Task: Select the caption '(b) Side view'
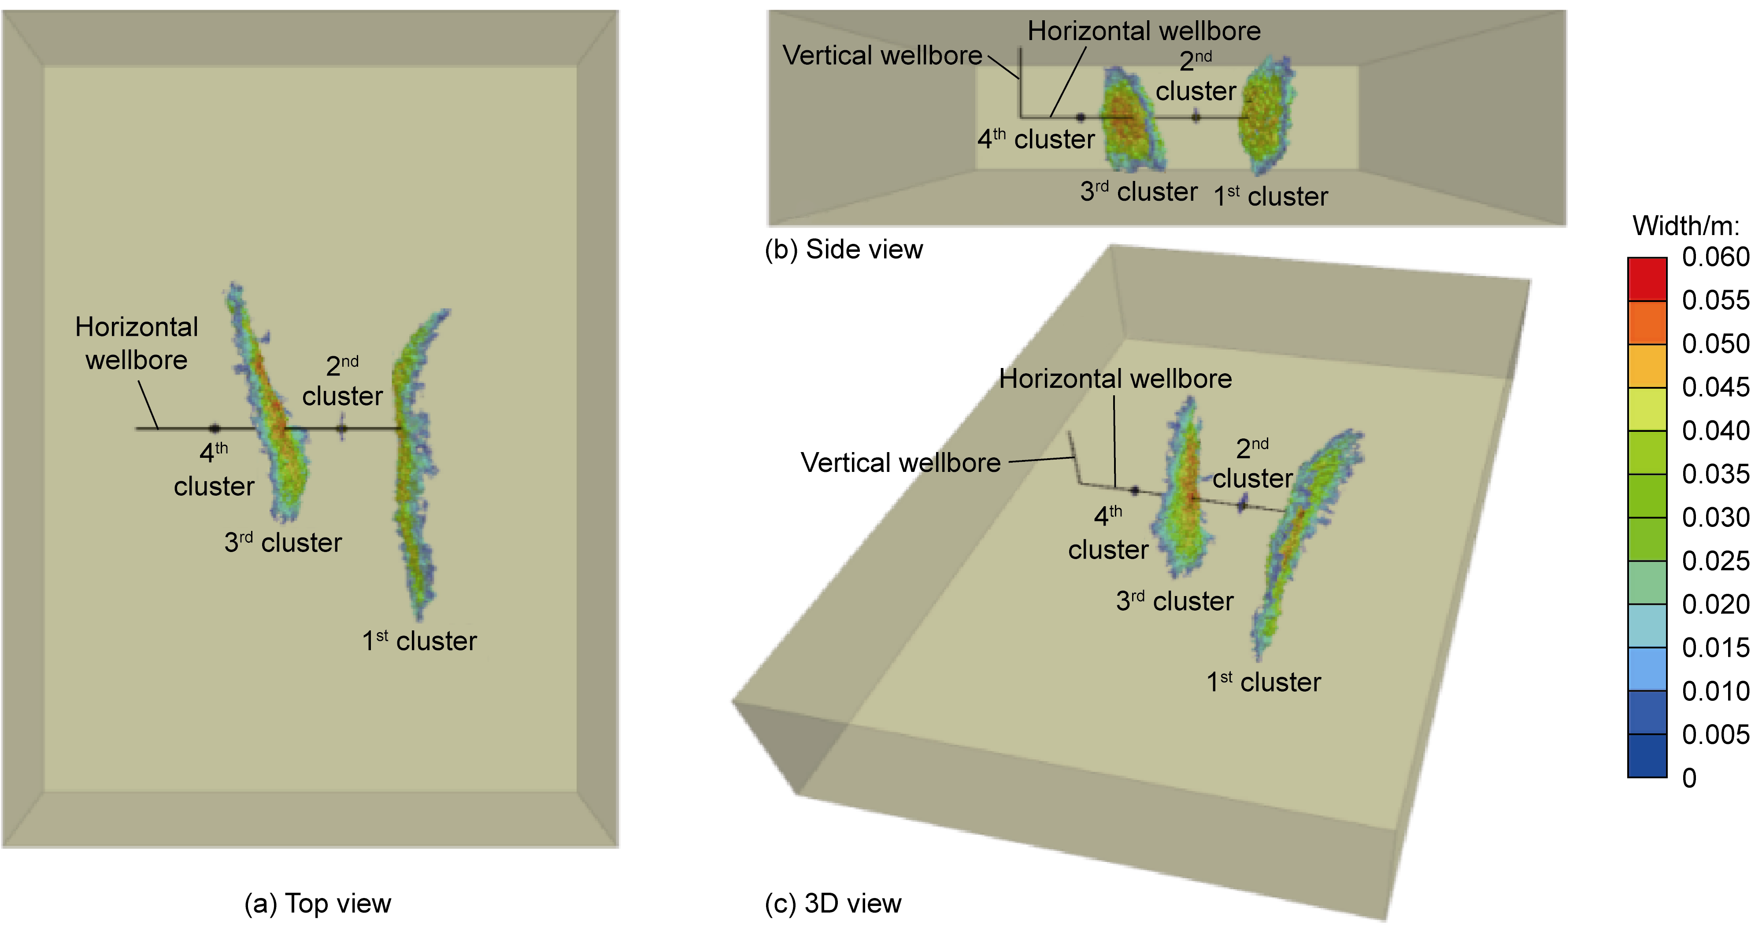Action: coord(844,250)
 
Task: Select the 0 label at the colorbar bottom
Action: coord(1689,778)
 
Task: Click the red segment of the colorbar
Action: coord(1647,279)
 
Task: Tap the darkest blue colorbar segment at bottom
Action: coord(1647,755)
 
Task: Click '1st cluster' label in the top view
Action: coord(419,641)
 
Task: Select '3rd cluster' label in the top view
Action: coord(283,542)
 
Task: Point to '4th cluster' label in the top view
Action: coord(214,469)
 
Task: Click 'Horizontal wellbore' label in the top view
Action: coord(137,343)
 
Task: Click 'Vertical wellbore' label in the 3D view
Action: coord(901,463)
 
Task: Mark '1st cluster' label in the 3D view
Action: coord(1264,681)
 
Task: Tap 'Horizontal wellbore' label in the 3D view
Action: coord(1115,379)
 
